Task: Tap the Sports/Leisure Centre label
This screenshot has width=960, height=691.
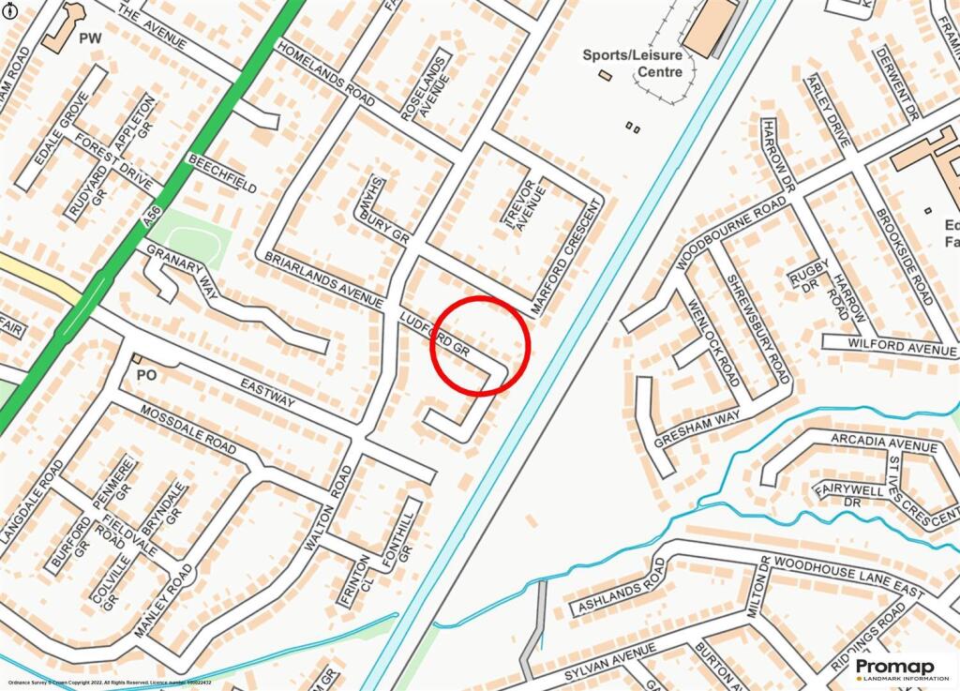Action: point(634,63)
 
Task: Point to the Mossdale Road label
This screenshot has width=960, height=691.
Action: point(188,429)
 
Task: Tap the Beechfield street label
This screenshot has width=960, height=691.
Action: point(222,173)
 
